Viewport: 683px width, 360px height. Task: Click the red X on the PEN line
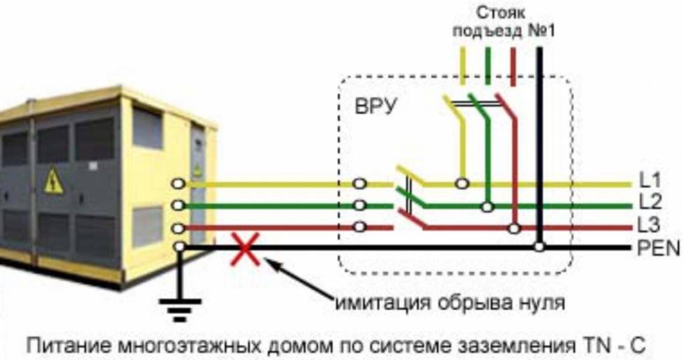[245, 248]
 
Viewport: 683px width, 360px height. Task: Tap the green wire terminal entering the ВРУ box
[360, 205]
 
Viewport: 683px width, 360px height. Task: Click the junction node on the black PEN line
[539, 247]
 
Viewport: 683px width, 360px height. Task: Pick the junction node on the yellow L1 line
[461, 183]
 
